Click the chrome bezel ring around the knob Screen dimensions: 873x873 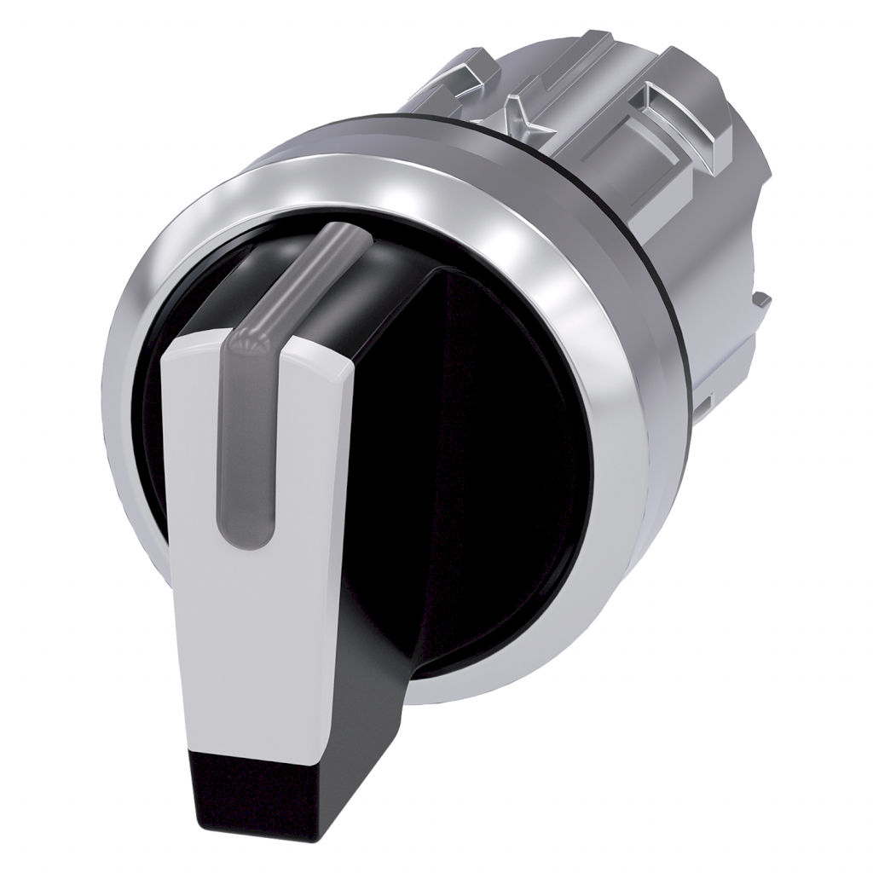tap(588, 341)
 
